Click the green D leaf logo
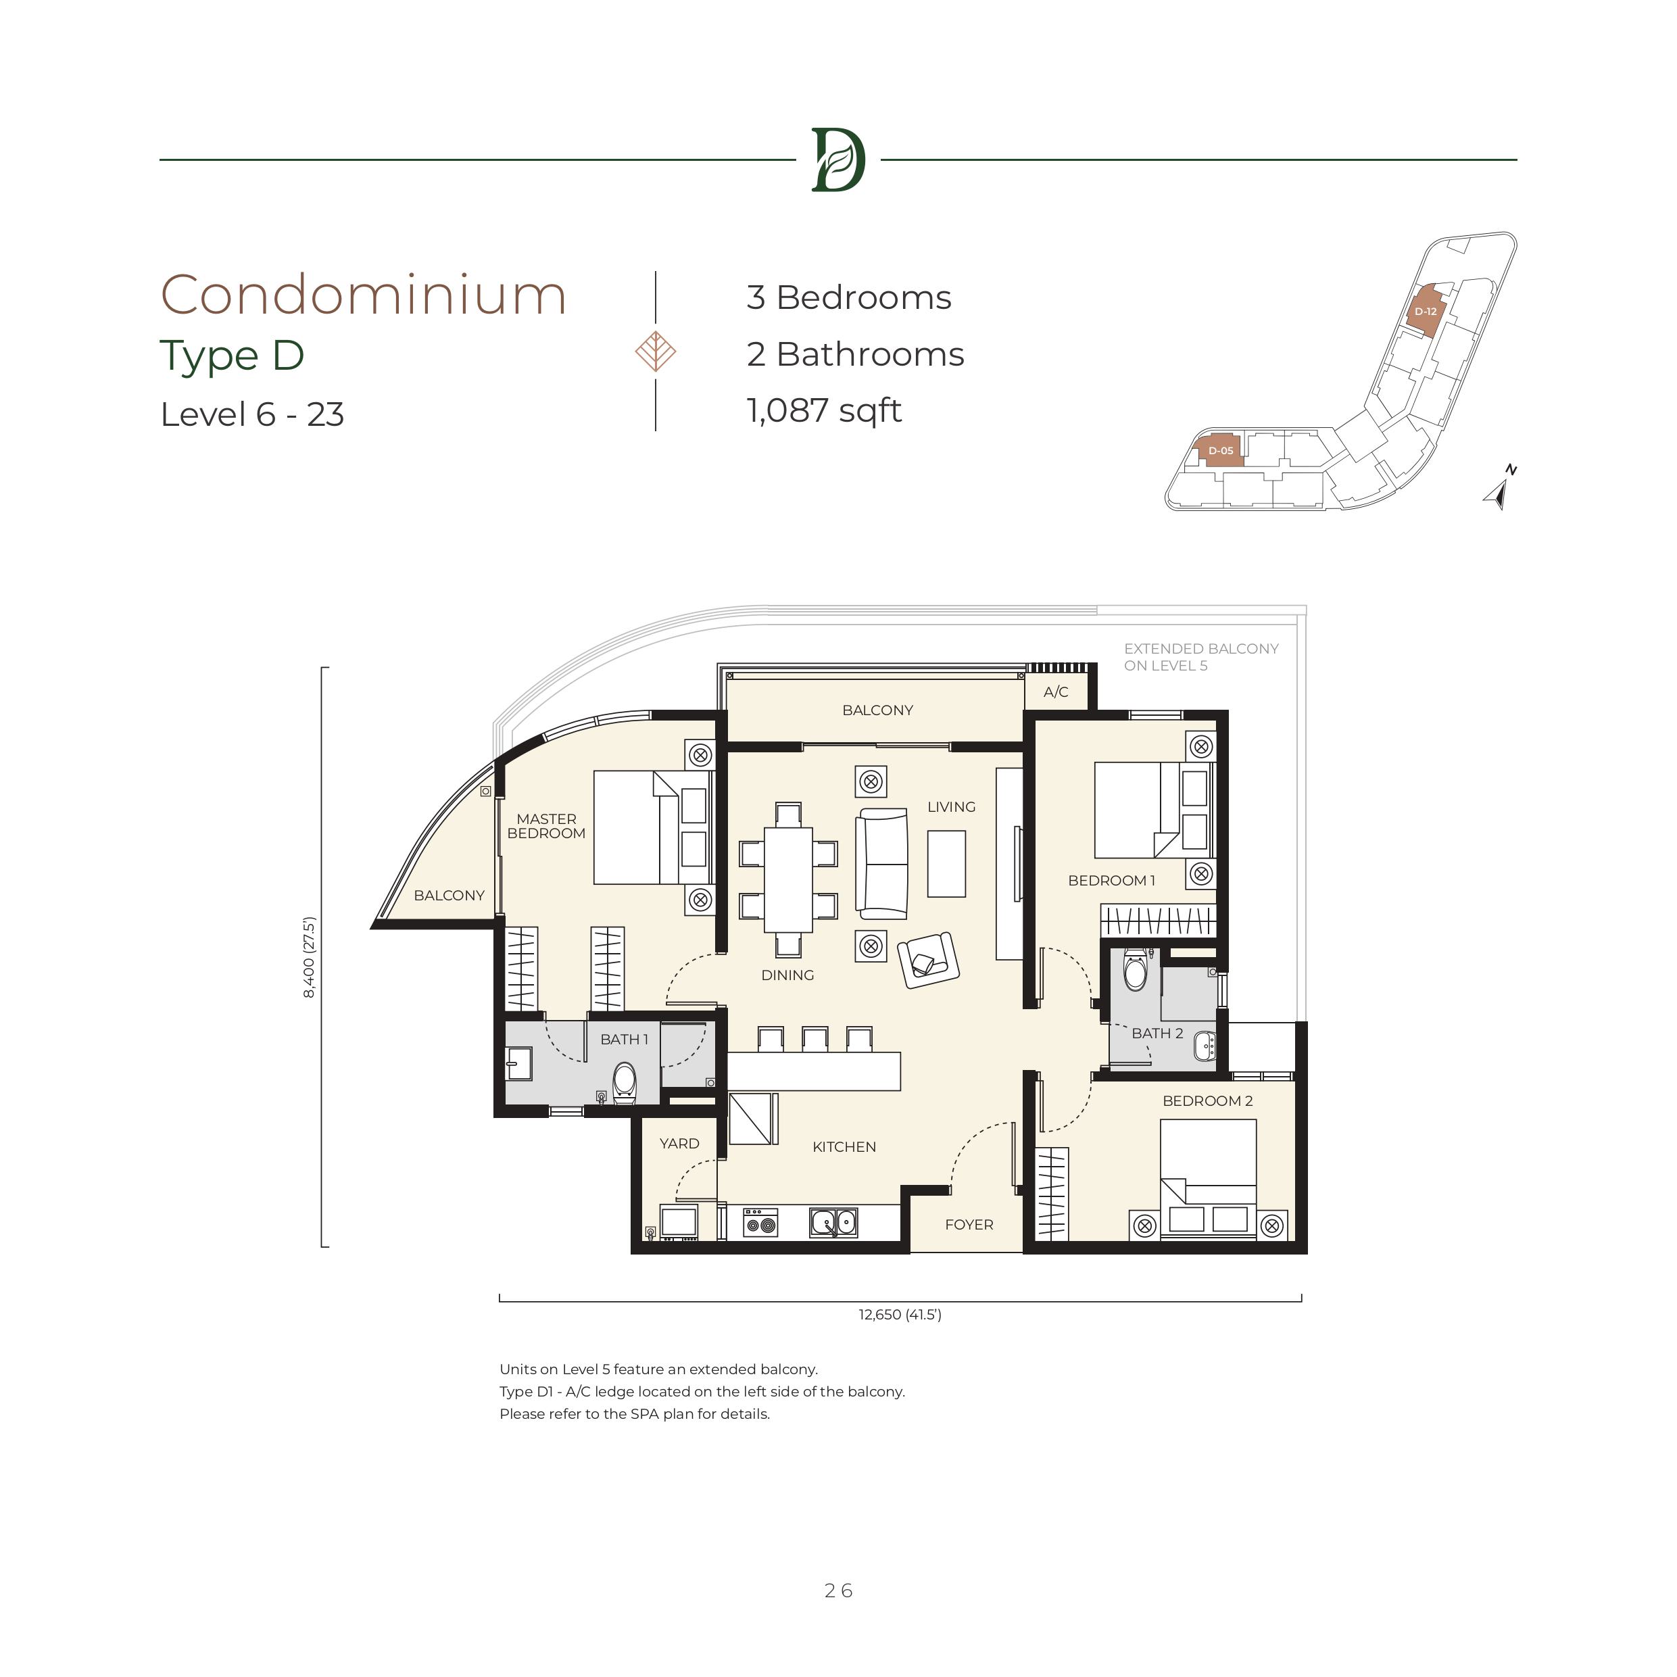coord(837,160)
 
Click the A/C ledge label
coord(1056,691)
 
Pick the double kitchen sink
coord(833,1223)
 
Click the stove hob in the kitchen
coord(760,1223)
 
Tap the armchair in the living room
coord(928,960)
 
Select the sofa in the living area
coord(882,864)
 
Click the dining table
coord(788,879)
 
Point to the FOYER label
coord(969,1225)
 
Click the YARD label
coord(679,1143)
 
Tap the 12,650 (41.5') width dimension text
coord(900,1314)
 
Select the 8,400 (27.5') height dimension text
coord(310,957)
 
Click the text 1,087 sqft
coord(824,410)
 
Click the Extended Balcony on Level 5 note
coord(1201,657)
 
